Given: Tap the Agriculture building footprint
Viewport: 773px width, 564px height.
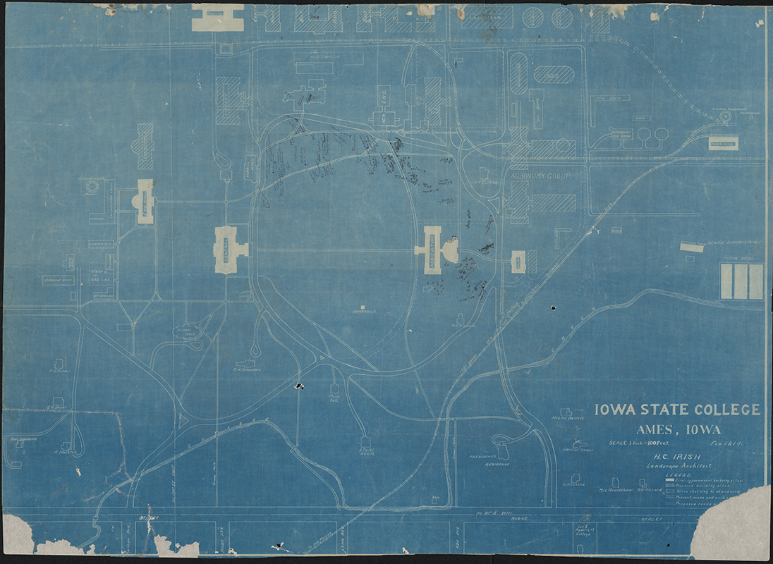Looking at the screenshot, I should click(x=431, y=250).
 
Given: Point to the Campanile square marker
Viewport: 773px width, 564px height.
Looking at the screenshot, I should click(x=363, y=307).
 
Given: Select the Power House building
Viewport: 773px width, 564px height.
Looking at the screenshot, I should click(x=723, y=144).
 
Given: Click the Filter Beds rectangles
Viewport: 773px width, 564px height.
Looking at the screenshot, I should click(x=742, y=281).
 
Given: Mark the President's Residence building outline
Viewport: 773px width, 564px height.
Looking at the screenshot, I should click(x=501, y=446).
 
